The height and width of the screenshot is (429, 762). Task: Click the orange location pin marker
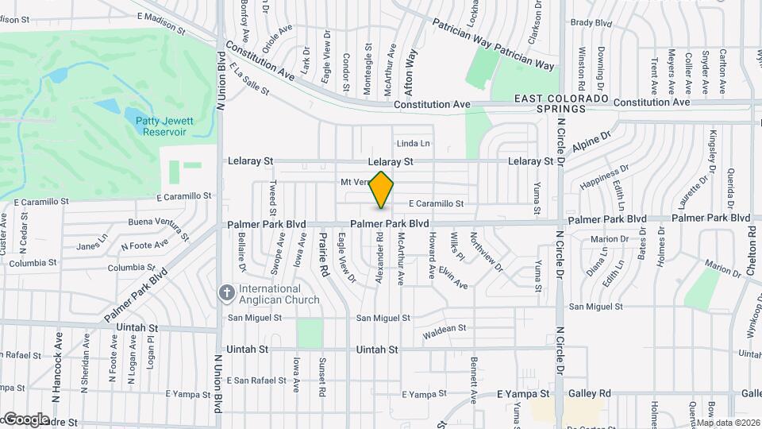(382, 190)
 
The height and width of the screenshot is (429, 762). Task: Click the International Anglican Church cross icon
(227, 294)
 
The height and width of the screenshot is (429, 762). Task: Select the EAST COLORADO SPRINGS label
(560, 103)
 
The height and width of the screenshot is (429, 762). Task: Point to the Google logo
(25, 419)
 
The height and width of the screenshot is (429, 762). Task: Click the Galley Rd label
(588, 393)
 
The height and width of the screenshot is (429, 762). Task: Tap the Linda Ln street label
(413, 144)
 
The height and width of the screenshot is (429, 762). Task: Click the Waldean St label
(444, 329)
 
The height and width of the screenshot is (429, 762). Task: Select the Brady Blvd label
(593, 23)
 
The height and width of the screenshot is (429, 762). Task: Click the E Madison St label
(161, 22)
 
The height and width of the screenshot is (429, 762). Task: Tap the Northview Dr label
(486, 252)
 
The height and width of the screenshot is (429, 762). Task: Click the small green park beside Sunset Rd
(310, 333)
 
